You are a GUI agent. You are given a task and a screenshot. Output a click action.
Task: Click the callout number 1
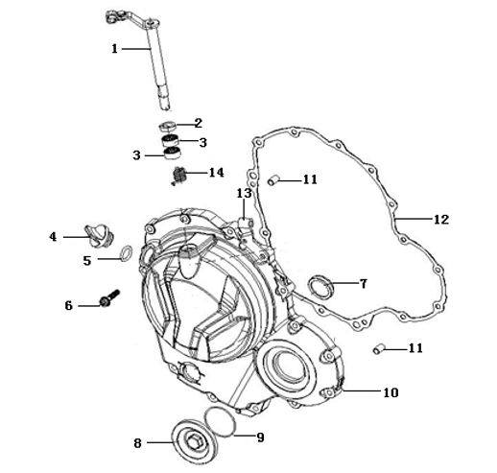pos(114,49)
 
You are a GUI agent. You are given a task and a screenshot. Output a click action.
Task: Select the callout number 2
pos(199,123)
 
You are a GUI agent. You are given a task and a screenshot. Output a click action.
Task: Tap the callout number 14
pos(217,173)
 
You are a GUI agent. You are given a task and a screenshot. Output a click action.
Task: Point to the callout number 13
pos(245,193)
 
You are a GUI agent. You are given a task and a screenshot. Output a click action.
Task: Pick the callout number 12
pos(441,220)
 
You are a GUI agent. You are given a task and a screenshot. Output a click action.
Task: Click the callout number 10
pos(390,392)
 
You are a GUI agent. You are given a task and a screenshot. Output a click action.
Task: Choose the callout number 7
pos(364,283)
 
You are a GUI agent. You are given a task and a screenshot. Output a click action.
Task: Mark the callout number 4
pos(53,237)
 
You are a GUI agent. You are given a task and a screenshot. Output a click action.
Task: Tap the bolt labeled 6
pos(109,298)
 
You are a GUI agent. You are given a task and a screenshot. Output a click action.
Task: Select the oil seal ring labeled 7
pos(320,286)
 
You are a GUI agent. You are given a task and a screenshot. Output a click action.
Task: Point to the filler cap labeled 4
pos(98,235)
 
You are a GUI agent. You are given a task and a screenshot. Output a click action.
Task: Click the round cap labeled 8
pos(195,440)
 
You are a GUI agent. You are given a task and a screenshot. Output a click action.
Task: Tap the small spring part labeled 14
pos(179,176)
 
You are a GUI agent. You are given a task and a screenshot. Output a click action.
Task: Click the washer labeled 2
pos(168,126)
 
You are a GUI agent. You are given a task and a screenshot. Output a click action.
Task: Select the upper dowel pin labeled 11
pos(273,180)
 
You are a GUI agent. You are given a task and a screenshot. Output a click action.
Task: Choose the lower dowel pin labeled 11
pos(379,349)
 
